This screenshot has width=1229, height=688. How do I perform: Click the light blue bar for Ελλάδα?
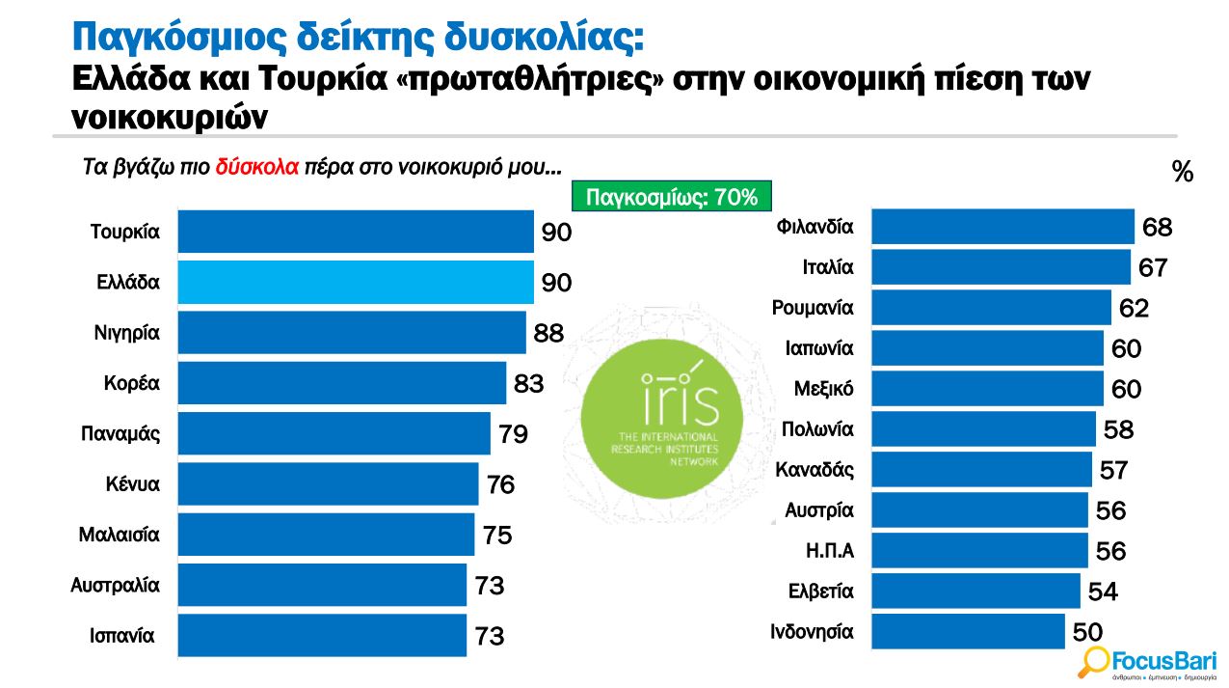(x=355, y=283)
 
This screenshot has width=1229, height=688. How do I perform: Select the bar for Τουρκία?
(x=355, y=233)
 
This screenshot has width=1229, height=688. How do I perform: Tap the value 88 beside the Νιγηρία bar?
(x=548, y=334)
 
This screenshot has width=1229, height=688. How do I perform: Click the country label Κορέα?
(x=132, y=383)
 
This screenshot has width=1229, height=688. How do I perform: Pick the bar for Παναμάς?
(x=334, y=434)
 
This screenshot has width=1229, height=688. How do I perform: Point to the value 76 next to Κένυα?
(x=501, y=484)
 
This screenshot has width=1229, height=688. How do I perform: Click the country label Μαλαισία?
(x=120, y=534)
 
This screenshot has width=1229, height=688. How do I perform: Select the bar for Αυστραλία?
(x=322, y=585)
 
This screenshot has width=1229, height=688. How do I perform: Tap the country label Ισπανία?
(x=122, y=636)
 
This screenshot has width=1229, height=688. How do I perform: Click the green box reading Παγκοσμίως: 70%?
(x=672, y=198)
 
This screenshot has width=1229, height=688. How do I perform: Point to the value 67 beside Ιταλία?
(x=1153, y=267)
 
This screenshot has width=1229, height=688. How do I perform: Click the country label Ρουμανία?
(x=813, y=308)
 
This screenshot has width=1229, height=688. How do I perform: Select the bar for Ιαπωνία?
(x=987, y=348)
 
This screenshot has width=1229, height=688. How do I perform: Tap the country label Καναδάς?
(x=815, y=470)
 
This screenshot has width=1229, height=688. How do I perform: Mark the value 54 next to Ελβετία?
(x=1103, y=592)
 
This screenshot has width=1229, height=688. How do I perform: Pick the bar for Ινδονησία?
(x=968, y=632)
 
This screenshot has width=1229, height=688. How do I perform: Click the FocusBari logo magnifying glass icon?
(x=1094, y=661)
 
